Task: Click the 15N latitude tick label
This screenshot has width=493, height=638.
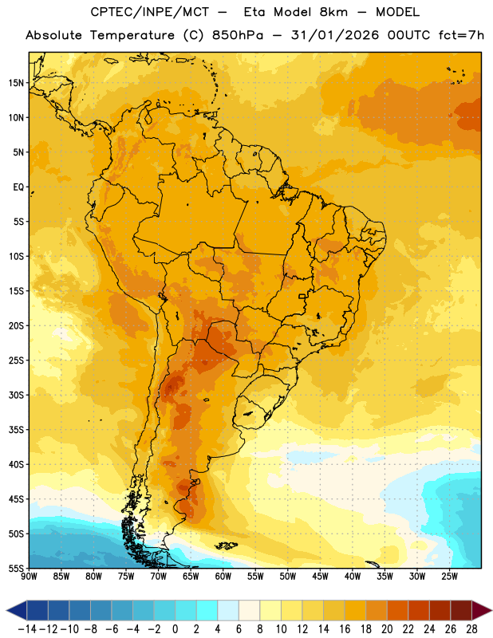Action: (x=16, y=83)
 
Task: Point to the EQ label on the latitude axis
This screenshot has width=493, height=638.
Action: (x=18, y=187)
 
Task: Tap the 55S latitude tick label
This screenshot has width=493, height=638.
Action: (x=16, y=569)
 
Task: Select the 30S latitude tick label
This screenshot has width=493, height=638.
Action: (x=16, y=395)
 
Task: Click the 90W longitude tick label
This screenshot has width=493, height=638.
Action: (x=29, y=577)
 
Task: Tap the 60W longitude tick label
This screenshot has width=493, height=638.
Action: (x=223, y=577)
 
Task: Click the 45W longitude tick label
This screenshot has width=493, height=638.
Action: (x=321, y=577)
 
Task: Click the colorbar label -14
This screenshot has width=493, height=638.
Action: (x=27, y=629)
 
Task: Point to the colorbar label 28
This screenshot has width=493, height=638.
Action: (x=471, y=629)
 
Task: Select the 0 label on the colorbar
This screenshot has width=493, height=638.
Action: (x=176, y=629)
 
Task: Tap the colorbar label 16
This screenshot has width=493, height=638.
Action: (x=345, y=629)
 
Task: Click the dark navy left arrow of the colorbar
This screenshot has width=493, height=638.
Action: (x=17, y=610)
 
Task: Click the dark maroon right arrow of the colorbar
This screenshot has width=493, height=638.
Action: (x=482, y=610)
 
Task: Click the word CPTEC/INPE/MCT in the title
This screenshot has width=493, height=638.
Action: (x=150, y=12)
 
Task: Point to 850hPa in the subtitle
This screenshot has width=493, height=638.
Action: (x=238, y=35)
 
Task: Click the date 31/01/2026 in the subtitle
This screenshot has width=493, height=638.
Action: (x=334, y=35)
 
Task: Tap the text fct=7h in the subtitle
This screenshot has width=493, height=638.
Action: (x=461, y=35)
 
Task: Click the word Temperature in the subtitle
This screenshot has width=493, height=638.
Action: (x=132, y=35)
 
